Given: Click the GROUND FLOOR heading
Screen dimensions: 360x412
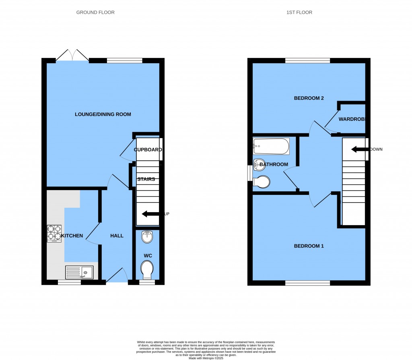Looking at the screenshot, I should tap(95, 12).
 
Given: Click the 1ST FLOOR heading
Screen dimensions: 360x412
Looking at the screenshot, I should tap(299, 12).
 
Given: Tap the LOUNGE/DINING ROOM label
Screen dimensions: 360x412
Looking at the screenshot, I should tap(103, 114).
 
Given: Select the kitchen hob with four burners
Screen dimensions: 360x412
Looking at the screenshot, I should tap(54, 234).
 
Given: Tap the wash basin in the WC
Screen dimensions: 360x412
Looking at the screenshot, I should tap(147, 237).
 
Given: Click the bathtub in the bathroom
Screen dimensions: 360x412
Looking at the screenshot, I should tap(271, 146).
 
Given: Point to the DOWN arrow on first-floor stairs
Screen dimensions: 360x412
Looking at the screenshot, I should tap(359, 149).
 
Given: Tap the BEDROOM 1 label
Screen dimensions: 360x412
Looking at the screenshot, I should tap(309, 246).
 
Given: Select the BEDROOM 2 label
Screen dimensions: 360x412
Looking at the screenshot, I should tap(309, 98).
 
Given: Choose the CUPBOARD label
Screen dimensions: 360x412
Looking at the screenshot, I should tap(148, 150).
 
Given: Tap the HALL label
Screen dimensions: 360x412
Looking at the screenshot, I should tap(117, 236).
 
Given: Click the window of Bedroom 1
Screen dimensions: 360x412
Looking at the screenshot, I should tap(308, 283).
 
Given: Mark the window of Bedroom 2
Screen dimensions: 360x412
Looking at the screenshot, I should tap(308, 61).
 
